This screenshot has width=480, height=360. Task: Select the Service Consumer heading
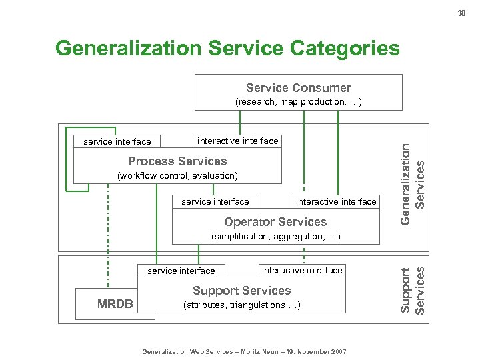298,88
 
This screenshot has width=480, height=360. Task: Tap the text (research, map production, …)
298,102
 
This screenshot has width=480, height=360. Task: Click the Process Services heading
177,161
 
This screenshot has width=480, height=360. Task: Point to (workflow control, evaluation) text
177,175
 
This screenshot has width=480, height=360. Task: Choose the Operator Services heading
275,222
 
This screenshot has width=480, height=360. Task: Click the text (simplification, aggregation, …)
275,237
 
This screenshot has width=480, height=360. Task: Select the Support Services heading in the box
241,291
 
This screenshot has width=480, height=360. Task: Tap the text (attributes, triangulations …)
241,305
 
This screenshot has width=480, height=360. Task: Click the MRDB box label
115,305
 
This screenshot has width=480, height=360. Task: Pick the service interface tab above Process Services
117,141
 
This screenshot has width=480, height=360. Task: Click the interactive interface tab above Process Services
237,141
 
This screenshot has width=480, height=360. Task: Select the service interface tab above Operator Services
215,201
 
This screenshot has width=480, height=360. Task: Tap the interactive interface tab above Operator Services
336,201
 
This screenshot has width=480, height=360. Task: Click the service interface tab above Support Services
181,271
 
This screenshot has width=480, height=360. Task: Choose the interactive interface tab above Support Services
302,270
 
